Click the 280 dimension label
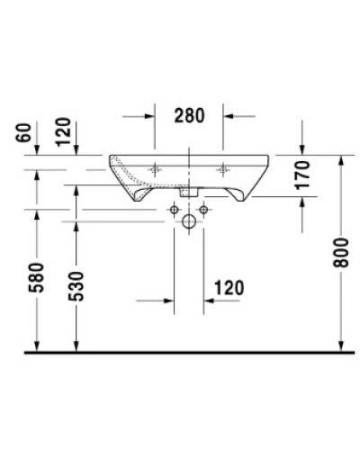[190, 115]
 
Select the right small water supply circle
[204, 210]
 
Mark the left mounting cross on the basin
[157, 167]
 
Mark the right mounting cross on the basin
[224, 167]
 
